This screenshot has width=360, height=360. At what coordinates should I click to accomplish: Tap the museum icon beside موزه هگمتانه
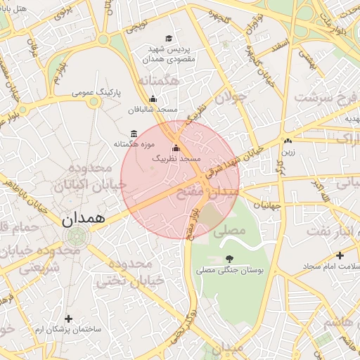pyautogui.click(x=134, y=134)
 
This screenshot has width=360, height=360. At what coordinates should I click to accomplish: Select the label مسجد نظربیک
pyautogui.click(x=176, y=160)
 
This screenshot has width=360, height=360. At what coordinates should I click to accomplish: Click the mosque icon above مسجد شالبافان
pyautogui.click(x=153, y=99)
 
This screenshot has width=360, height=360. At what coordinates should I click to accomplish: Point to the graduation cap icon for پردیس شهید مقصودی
pyautogui.click(x=168, y=39)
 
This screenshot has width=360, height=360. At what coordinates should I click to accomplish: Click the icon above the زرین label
pyautogui.click(x=288, y=140)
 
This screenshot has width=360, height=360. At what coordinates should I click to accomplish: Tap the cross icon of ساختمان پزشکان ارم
pyautogui.click(x=68, y=319)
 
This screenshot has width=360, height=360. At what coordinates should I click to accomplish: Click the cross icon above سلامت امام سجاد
pyautogui.click(x=340, y=256)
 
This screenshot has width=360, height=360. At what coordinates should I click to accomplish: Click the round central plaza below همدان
pyautogui.click(x=74, y=239)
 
